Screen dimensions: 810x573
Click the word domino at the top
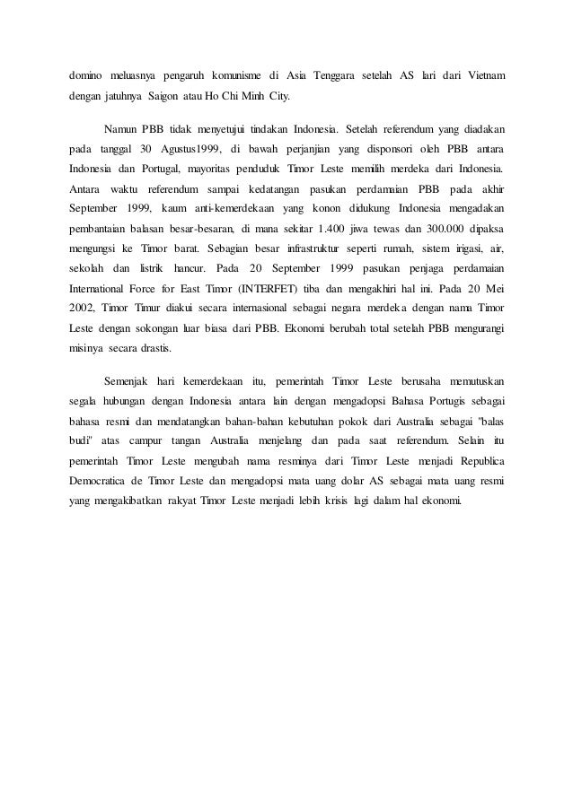tap(87, 71)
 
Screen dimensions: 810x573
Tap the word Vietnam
tap(486, 71)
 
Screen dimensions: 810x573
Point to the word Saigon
tap(169, 94)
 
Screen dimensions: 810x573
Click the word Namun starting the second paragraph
tap(122, 126)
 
